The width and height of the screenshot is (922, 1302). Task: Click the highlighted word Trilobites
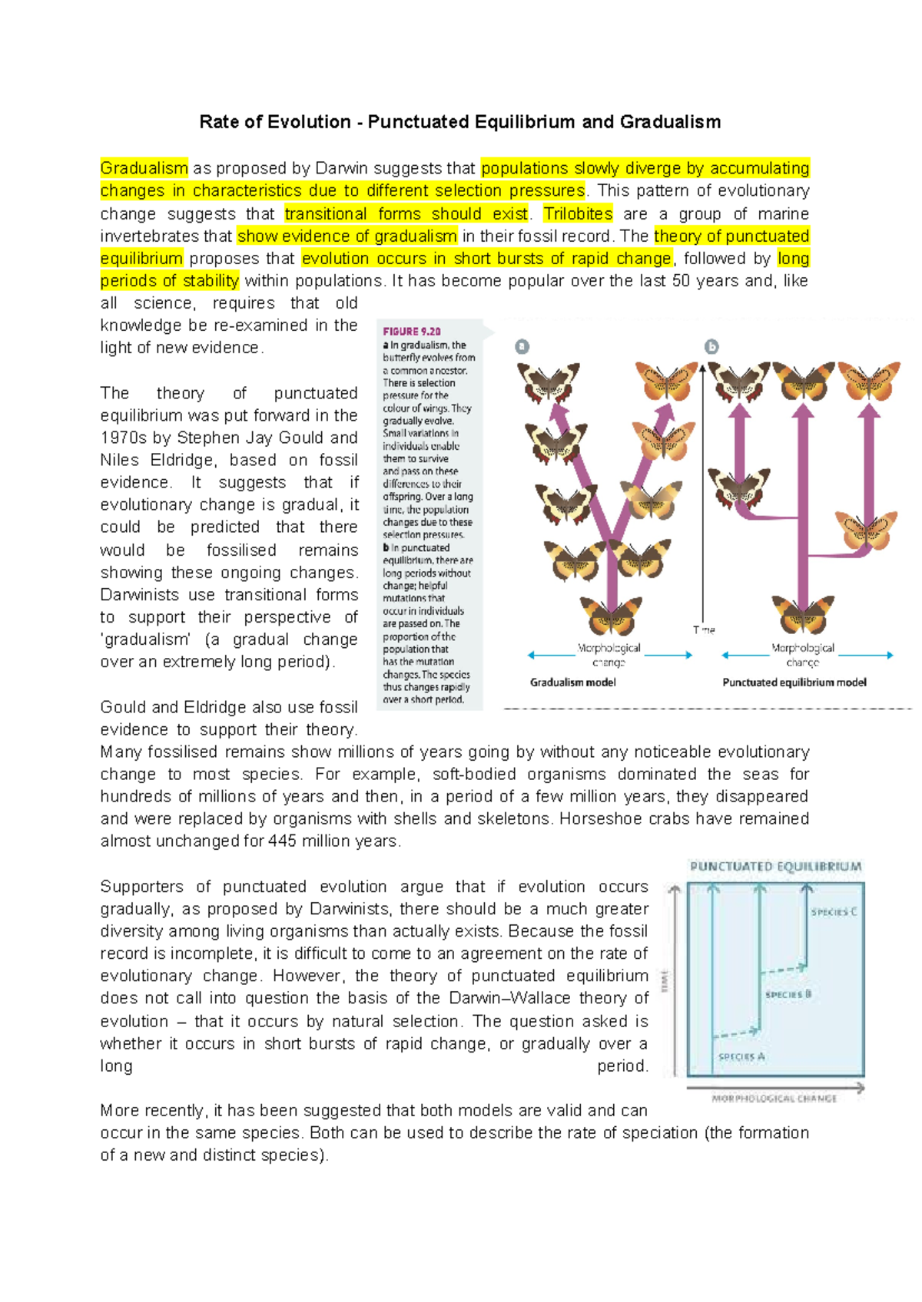[x=578, y=213]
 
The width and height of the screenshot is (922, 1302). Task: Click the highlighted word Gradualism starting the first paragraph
[x=144, y=168]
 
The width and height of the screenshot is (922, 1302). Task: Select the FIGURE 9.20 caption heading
[x=412, y=332]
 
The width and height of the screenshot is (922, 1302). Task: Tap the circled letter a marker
[x=522, y=347]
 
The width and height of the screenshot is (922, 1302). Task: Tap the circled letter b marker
[x=712, y=347]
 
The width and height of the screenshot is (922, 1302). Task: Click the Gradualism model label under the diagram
[x=572, y=682]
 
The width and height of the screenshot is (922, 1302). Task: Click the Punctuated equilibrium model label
[x=794, y=682]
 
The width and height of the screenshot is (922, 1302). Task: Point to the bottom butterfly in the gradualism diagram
[x=612, y=615]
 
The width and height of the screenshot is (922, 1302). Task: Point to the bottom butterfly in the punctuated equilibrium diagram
[x=802, y=613]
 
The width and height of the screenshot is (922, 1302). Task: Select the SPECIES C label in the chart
[x=833, y=912]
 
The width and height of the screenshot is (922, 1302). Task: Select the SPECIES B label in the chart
[x=788, y=994]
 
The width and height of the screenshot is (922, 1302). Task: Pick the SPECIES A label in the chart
[x=741, y=1057]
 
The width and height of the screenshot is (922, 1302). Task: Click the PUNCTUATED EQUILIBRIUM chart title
[x=775, y=867]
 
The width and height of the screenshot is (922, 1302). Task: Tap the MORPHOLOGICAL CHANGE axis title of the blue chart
[x=774, y=1099]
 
